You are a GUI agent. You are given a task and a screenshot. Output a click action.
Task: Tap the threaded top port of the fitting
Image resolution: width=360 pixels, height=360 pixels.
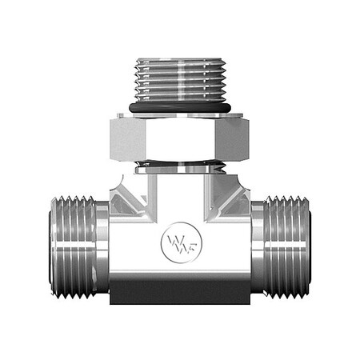(x=179, y=80)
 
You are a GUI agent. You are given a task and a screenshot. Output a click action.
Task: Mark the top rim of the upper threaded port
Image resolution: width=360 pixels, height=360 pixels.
(x=179, y=59)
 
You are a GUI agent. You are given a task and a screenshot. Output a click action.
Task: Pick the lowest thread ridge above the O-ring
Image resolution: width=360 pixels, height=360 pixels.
(x=179, y=98)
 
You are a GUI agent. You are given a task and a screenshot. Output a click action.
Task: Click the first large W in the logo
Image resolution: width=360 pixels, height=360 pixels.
(x=170, y=238)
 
